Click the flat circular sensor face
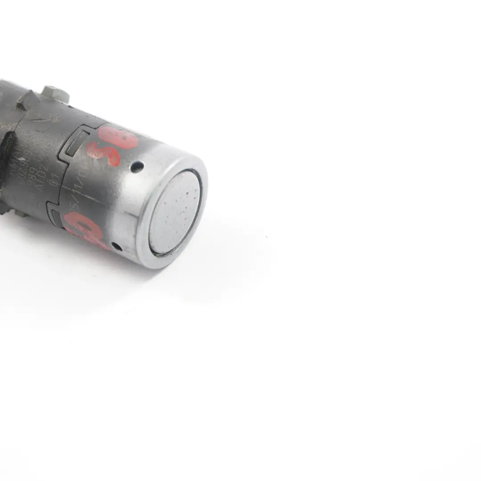(175, 213)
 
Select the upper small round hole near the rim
(137, 167)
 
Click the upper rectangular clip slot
(74, 142)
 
